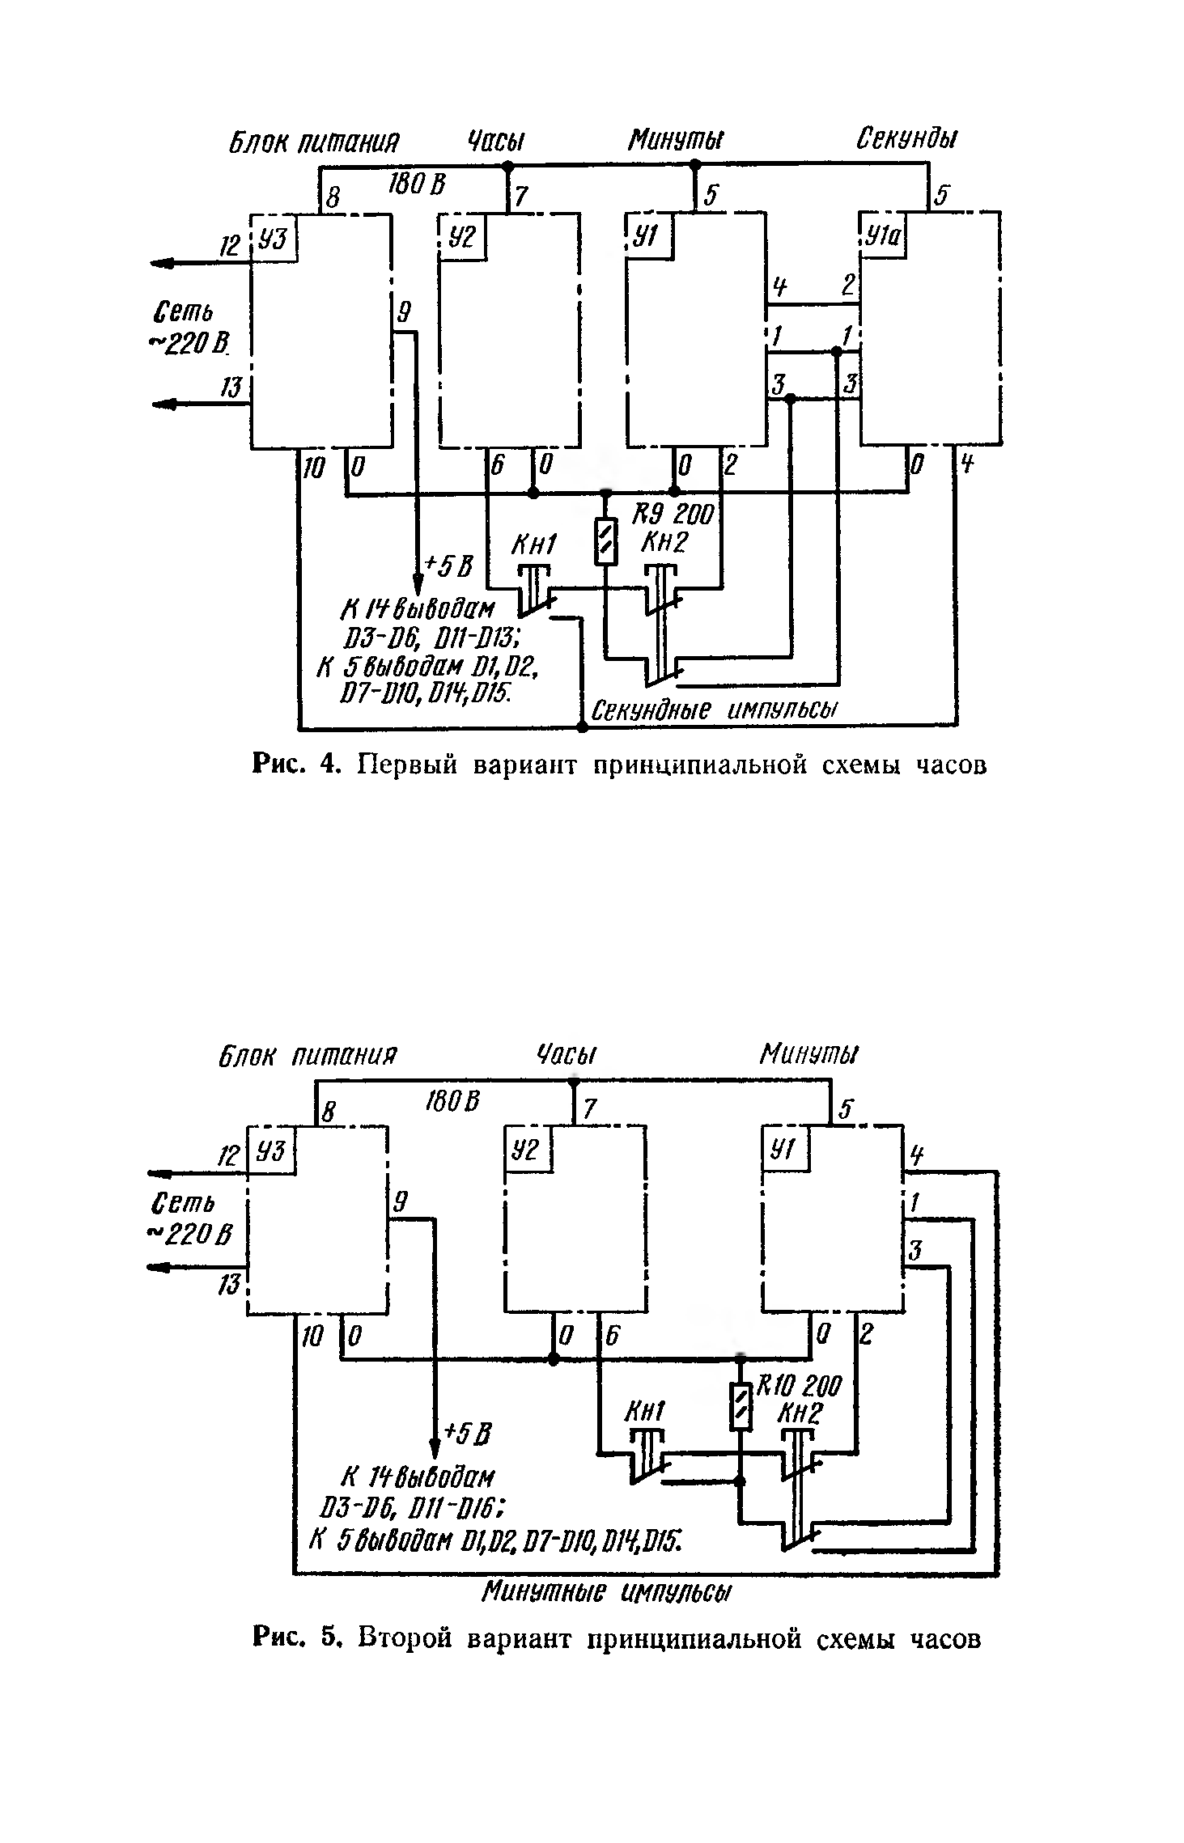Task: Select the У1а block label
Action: (883, 238)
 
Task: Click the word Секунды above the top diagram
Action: (906, 140)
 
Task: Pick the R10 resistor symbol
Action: (740, 1406)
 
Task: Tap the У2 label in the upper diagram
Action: (463, 236)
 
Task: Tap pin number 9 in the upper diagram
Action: (404, 312)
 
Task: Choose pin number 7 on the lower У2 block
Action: (590, 1109)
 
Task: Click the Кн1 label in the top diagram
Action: (533, 548)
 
